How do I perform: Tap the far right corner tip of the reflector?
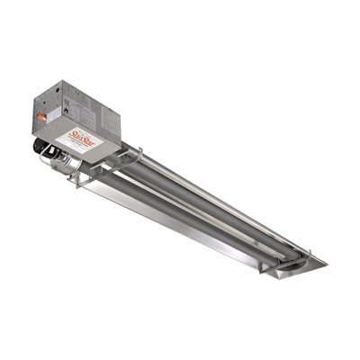pyautogui.click(x=326, y=263)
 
